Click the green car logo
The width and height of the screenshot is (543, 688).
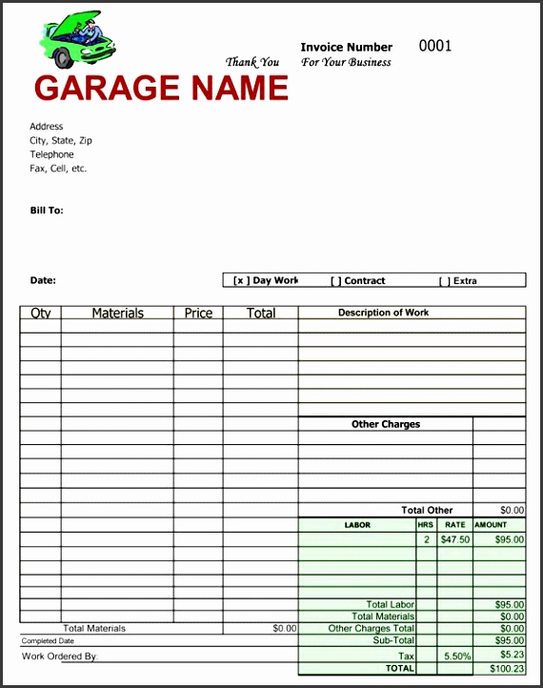76,40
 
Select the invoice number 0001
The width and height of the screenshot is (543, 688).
434,46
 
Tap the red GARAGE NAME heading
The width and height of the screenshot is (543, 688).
161,89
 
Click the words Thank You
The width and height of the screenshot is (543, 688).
252,63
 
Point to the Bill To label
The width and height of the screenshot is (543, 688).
47,211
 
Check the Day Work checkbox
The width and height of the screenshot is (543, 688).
241,281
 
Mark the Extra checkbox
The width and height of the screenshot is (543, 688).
444,281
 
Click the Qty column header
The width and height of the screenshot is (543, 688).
41,314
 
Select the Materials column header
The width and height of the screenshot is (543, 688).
117,314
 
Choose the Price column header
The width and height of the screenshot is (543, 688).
198,314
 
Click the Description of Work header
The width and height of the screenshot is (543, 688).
383,313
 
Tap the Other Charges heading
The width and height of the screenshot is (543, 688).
385,424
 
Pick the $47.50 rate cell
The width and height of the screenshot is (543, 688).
454,539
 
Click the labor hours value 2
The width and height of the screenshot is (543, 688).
426,539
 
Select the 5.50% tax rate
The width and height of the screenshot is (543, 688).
456,657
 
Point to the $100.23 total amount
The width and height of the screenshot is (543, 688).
508,669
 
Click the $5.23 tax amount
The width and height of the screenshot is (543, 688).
512,657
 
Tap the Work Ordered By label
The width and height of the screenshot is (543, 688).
59,657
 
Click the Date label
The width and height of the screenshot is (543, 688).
43,280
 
